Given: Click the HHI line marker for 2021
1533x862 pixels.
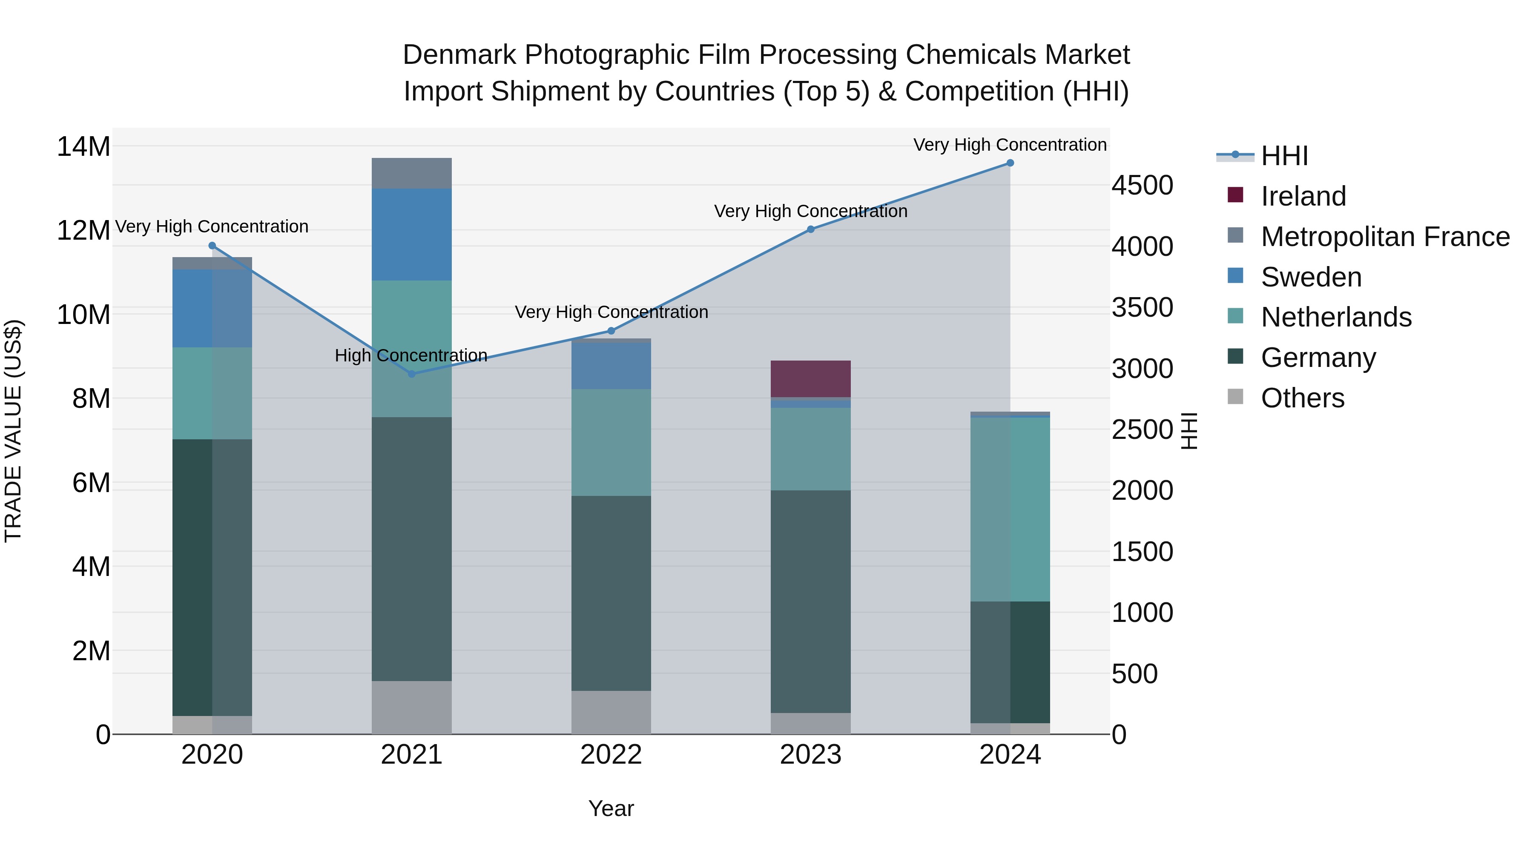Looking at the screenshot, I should click(x=411, y=374).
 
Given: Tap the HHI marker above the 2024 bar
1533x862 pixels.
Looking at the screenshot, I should click(x=1010, y=163).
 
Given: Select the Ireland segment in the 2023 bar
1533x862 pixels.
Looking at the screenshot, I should click(x=810, y=378).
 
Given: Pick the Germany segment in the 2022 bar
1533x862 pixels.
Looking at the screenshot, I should click(x=611, y=593).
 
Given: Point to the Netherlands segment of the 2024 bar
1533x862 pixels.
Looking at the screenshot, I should click(x=1010, y=509).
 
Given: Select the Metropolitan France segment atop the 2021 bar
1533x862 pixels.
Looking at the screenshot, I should click(x=411, y=173).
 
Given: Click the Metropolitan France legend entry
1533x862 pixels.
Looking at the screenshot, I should click(x=1384, y=237).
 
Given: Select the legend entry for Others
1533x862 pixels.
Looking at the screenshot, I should click(x=1302, y=398).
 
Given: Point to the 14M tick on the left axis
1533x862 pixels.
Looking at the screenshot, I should click(x=83, y=146).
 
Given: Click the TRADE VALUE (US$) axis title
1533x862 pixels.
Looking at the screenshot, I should click(x=13, y=431).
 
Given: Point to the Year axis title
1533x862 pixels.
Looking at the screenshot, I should click(x=611, y=808).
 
